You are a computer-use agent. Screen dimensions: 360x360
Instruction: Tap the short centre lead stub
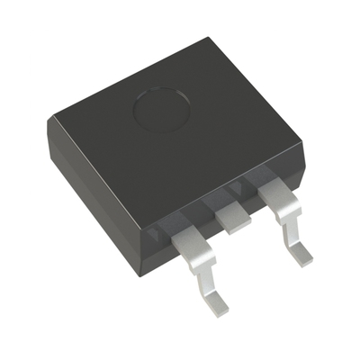231,217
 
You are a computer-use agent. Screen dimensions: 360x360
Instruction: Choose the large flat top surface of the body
180,135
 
